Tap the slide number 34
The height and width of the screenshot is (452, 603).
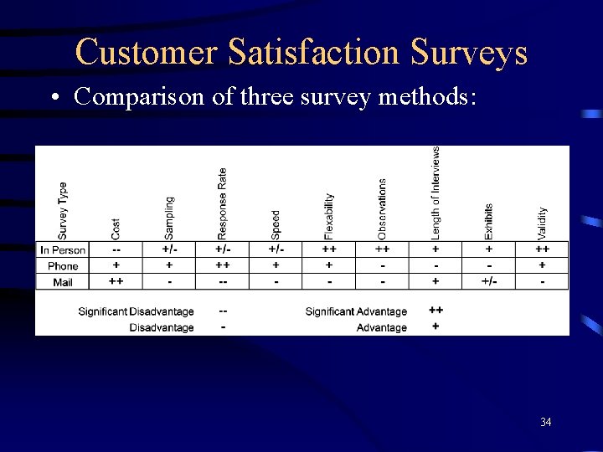click(545, 422)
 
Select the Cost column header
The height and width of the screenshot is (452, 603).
click(116, 228)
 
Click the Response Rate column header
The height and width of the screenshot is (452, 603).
click(222, 204)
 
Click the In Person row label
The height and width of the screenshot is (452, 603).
click(63, 249)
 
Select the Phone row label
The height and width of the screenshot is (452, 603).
click(63, 265)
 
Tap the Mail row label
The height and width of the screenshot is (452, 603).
click(63, 281)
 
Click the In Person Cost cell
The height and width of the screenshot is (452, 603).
click(116, 249)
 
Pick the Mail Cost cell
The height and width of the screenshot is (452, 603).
click(116, 281)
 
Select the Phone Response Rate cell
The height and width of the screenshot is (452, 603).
click(223, 265)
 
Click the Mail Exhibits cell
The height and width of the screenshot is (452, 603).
click(489, 281)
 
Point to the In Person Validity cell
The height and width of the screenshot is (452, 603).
click(543, 249)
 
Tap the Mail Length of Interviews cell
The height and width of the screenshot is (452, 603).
click(435, 281)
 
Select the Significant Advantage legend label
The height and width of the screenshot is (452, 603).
click(356, 311)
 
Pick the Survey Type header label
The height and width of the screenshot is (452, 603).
click(64, 210)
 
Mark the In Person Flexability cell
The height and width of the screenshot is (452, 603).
click(329, 249)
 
